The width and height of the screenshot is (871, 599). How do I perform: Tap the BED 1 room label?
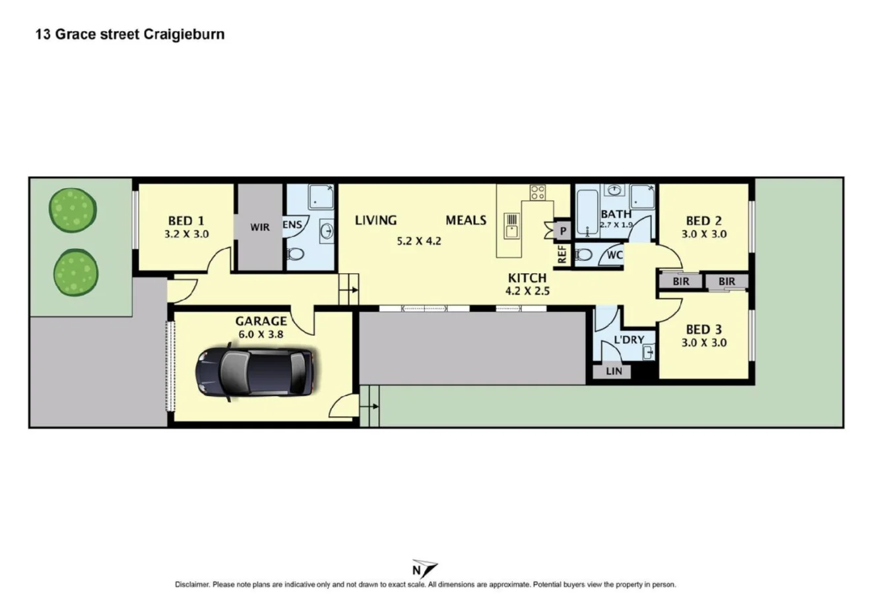[186, 221]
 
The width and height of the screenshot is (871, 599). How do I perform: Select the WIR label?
[260, 227]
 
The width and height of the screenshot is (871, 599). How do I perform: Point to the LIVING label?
[375, 220]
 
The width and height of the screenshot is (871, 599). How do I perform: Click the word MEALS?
[466, 220]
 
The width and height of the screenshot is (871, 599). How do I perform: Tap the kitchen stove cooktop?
[537, 192]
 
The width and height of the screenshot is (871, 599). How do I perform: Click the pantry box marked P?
[563, 231]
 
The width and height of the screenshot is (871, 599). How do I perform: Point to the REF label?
[562, 255]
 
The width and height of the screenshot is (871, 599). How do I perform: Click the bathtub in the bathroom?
[587, 213]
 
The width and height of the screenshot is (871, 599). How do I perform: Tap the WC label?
[614, 255]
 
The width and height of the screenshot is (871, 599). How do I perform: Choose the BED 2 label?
[703, 221]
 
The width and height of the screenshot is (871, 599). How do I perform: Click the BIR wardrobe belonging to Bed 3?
[726, 281]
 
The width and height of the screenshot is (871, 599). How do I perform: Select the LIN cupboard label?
[614, 371]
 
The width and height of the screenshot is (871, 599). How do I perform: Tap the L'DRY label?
[629, 339]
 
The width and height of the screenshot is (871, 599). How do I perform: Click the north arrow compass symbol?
[424, 569]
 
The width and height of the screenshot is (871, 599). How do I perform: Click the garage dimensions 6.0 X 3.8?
[261, 334]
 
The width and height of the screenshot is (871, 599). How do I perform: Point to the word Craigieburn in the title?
[183, 34]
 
